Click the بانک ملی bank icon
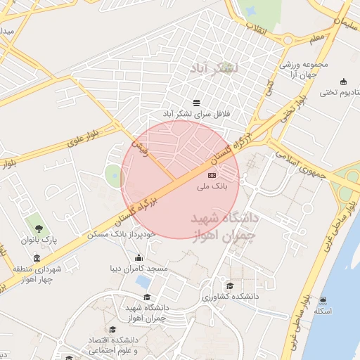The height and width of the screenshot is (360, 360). coord(212,174)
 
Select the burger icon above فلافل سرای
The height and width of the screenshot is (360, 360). coord(195,101)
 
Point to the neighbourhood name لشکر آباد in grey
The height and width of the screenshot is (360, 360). coord(214,68)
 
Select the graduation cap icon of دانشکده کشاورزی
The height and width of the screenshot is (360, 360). coord(230,285)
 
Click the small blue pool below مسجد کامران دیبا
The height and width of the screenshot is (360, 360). coord(143,282)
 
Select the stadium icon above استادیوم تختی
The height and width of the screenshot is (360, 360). coord(342,81)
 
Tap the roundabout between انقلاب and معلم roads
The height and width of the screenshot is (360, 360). coord(288,39)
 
